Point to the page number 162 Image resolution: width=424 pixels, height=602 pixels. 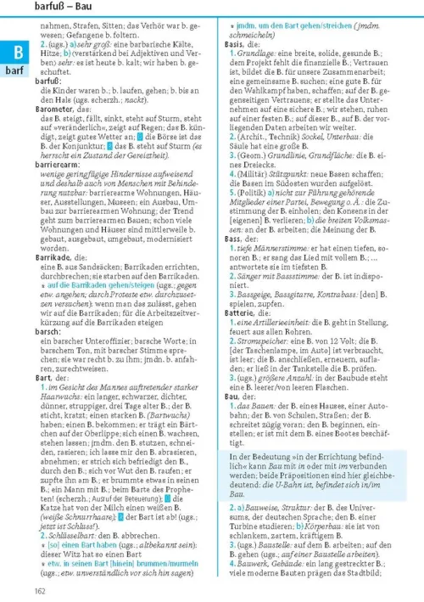point(40,591)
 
